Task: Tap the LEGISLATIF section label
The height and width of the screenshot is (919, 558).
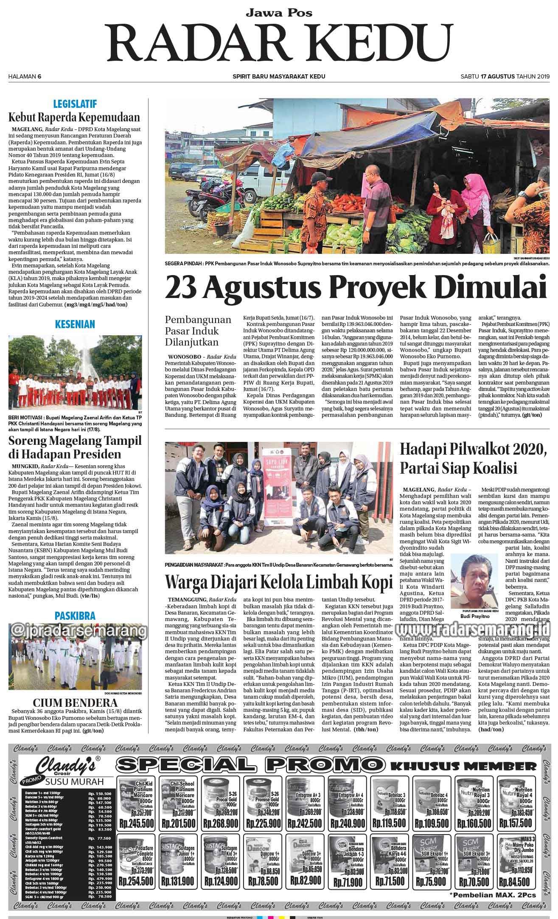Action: [x=75, y=104]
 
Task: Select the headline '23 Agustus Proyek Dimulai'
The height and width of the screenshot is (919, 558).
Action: [x=355, y=288]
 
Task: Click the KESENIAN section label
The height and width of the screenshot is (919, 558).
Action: [x=75, y=325]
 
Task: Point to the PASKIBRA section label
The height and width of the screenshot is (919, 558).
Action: [x=75, y=616]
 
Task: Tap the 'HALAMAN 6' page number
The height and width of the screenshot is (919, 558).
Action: [x=25, y=76]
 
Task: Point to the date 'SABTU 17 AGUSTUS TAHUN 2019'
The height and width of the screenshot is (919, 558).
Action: [x=505, y=76]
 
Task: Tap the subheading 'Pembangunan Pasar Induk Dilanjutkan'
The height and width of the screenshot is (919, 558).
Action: [x=198, y=331]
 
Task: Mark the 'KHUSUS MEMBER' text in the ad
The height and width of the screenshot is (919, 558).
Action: [x=463, y=766]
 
